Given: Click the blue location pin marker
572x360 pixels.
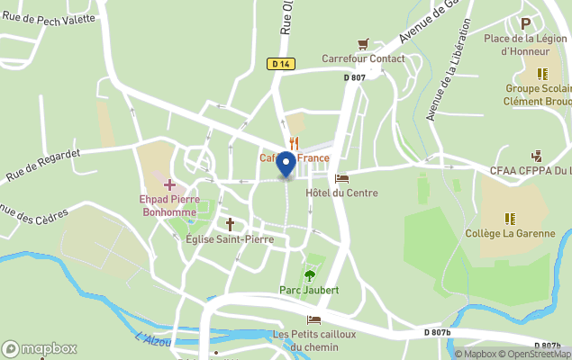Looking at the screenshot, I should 286,165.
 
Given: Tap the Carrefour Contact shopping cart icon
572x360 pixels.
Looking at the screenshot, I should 364,44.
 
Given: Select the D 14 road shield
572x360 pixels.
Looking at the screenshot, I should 281,63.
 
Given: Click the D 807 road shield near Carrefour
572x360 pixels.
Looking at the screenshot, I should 354,77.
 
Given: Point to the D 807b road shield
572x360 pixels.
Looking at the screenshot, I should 438,332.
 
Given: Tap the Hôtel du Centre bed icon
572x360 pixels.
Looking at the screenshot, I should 341,178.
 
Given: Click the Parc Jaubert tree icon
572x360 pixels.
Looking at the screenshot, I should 310,275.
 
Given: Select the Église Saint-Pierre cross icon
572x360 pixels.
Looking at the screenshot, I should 230,224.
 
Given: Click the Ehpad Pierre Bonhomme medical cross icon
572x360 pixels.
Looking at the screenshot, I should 169,184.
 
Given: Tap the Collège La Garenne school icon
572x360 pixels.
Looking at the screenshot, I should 510,218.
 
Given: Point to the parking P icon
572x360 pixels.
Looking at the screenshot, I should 526,23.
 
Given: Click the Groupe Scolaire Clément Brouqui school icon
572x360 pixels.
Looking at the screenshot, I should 542,74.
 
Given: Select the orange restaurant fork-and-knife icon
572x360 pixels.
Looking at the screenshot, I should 294,143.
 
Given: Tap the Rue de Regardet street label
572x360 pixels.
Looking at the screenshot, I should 42,163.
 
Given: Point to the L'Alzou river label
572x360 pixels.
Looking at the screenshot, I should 152,339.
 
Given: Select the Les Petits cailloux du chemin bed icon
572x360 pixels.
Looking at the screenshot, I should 313,319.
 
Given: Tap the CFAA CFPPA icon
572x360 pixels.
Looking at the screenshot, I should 537,156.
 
